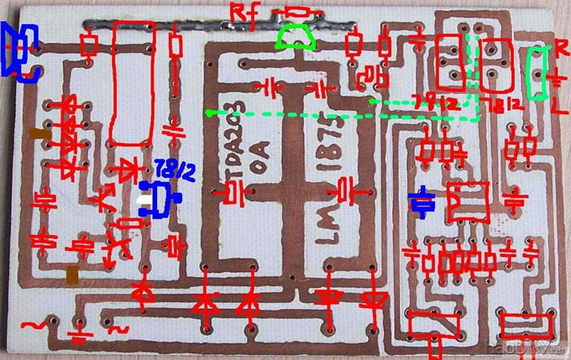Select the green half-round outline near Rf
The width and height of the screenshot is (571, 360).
[x=296, y=38]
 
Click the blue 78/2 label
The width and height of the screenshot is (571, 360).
[x=179, y=174]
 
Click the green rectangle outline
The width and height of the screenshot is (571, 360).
[x=536, y=71]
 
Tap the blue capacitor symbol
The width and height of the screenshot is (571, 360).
[x=422, y=201]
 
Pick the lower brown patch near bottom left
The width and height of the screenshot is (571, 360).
[x=74, y=274]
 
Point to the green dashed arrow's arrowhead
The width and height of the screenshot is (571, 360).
[x=210, y=112]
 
